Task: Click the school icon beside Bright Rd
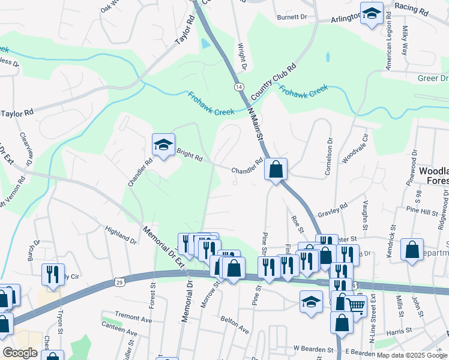[163, 145]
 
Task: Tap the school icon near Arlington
[372, 14]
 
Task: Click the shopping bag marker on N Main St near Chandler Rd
[276, 170]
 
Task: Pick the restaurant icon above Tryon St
[53, 274]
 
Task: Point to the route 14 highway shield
[239, 87]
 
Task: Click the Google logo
[20, 353]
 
